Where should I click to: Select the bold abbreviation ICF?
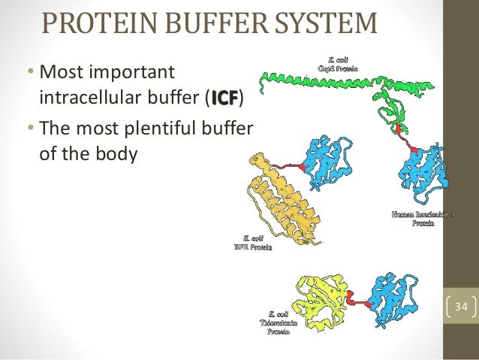coord(225,96)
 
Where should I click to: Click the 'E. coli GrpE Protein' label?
coord(341,62)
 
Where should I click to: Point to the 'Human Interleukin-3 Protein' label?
coord(423,219)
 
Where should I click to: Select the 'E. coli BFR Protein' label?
coord(252,242)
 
